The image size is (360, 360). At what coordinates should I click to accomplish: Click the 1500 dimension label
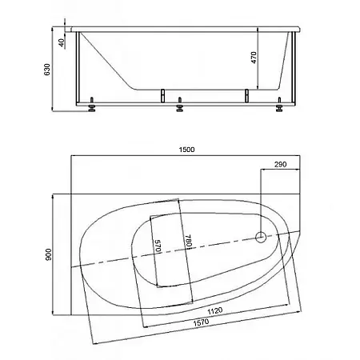coord(186,150)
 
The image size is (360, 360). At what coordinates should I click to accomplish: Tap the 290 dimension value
coord(280,164)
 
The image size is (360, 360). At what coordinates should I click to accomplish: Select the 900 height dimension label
coord(48,254)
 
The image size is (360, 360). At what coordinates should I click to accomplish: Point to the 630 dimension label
coord(47,70)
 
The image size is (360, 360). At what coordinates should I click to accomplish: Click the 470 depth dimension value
coord(254,58)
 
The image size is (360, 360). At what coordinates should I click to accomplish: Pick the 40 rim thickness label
coord(62,42)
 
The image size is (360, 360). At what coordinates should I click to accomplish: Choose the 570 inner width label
coord(158,246)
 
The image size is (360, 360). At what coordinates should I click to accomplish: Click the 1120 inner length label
coord(215,311)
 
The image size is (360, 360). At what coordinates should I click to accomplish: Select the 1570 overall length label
coord(201,322)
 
